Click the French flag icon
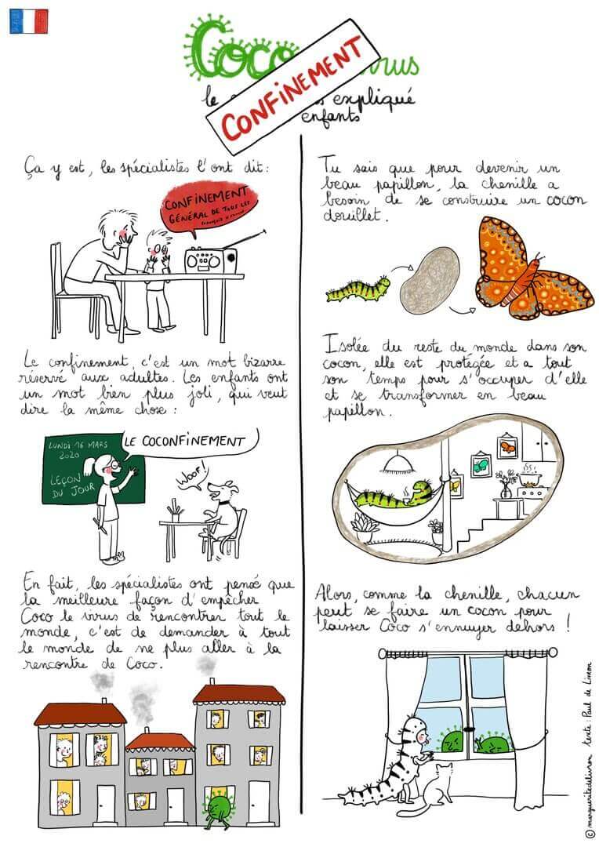coord(28,21)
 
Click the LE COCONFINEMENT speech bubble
coord(182,442)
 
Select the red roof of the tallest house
coord(238,694)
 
